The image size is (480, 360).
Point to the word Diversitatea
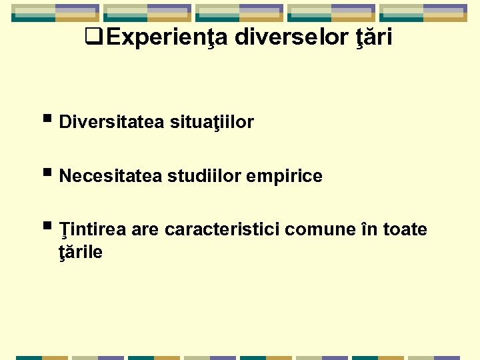tap(111, 123)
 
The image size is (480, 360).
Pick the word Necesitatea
tap(110, 177)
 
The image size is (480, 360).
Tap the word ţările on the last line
tap(81, 253)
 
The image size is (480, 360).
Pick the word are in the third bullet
tap(145, 230)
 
